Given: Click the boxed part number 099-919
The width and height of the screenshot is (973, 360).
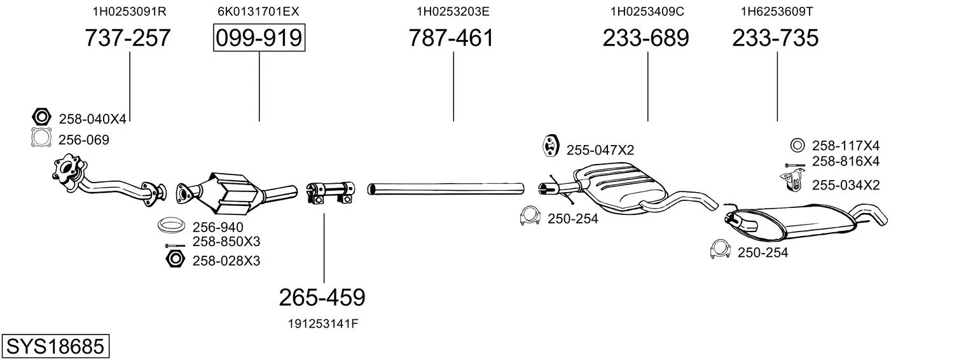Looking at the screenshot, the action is click(259, 38).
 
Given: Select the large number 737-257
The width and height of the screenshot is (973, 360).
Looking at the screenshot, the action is click(128, 38).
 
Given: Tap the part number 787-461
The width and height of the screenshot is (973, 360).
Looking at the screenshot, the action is click(452, 38).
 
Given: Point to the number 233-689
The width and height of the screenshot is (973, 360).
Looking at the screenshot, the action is click(645, 38).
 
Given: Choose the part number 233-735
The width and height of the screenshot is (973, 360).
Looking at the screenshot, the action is click(775, 38).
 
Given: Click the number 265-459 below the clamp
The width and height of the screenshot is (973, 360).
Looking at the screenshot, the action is click(322, 298).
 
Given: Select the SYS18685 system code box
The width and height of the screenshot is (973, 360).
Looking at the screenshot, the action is click(55, 347).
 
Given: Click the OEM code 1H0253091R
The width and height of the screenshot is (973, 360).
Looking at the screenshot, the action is click(130, 11).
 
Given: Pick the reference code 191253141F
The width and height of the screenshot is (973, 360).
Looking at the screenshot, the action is click(323, 324).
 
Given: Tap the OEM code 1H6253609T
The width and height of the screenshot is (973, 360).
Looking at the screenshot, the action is click(776, 11).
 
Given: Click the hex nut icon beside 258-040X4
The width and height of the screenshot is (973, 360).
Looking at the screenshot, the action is click(42, 117).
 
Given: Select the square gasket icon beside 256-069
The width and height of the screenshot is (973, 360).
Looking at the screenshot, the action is click(41, 137).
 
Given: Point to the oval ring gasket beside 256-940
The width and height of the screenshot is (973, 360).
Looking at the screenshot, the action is click(170, 225).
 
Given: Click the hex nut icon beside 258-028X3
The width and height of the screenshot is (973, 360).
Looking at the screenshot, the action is click(175, 259).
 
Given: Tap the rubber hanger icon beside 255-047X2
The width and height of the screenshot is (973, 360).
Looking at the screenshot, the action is click(550, 146).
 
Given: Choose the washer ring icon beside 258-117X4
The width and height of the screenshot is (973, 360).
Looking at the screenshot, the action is click(797, 145).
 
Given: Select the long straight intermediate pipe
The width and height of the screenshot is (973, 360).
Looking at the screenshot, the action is click(446, 189).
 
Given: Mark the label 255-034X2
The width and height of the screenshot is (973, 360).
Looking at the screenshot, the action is click(846, 185).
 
